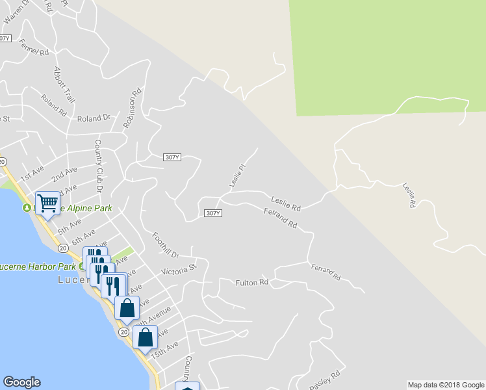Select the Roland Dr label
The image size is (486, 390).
94,118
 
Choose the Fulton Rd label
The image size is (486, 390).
251,282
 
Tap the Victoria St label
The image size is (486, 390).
179,270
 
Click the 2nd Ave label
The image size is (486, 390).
64,174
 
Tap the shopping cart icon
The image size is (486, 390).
47,203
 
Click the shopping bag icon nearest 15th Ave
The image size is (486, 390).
146,337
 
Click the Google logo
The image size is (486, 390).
21,382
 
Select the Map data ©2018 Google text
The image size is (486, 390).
446,385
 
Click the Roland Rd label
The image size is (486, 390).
53,105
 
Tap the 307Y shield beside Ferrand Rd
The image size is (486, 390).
212,213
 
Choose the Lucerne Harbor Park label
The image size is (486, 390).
39,266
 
